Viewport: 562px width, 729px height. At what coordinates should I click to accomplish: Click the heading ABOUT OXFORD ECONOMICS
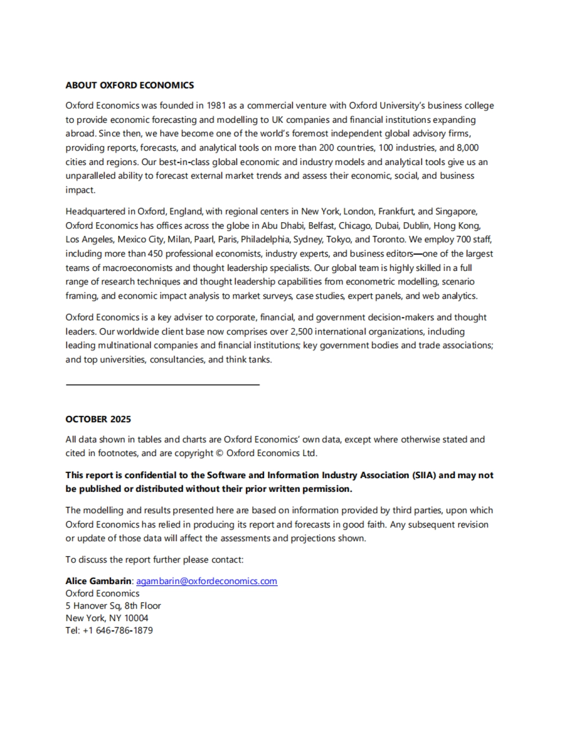click(129, 85)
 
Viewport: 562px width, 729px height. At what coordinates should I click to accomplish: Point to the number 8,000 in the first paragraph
click(468, 148)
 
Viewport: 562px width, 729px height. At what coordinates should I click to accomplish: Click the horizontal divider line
click(163, 384)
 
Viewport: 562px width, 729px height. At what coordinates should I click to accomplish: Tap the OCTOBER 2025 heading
click(98, 419)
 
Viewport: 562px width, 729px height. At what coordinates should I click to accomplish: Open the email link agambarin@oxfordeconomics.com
click(207, 581)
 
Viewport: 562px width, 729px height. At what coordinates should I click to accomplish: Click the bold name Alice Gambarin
click(98, 581)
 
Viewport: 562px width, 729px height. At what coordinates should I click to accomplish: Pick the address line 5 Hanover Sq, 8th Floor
click(113, 606)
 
